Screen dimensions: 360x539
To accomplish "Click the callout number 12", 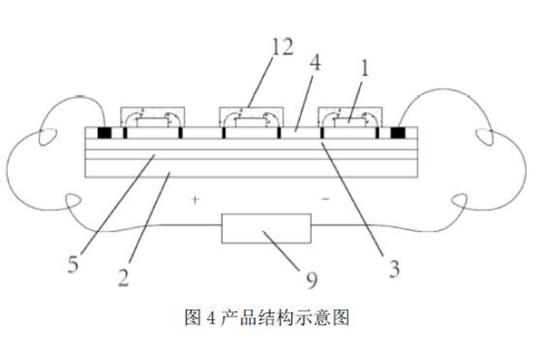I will click(283, 48).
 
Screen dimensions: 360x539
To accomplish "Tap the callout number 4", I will click(318, 65).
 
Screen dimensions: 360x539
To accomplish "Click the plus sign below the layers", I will click(195, 200).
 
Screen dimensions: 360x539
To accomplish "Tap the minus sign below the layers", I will click(325, 200).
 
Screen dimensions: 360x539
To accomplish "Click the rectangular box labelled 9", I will click(266, 228).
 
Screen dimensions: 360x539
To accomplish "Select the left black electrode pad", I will click(106, 132).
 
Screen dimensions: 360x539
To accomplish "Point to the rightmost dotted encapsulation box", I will click(350, 117).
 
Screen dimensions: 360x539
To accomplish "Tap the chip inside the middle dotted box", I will click(251, 123).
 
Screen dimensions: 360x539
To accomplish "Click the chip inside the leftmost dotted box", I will click(153, 123).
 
